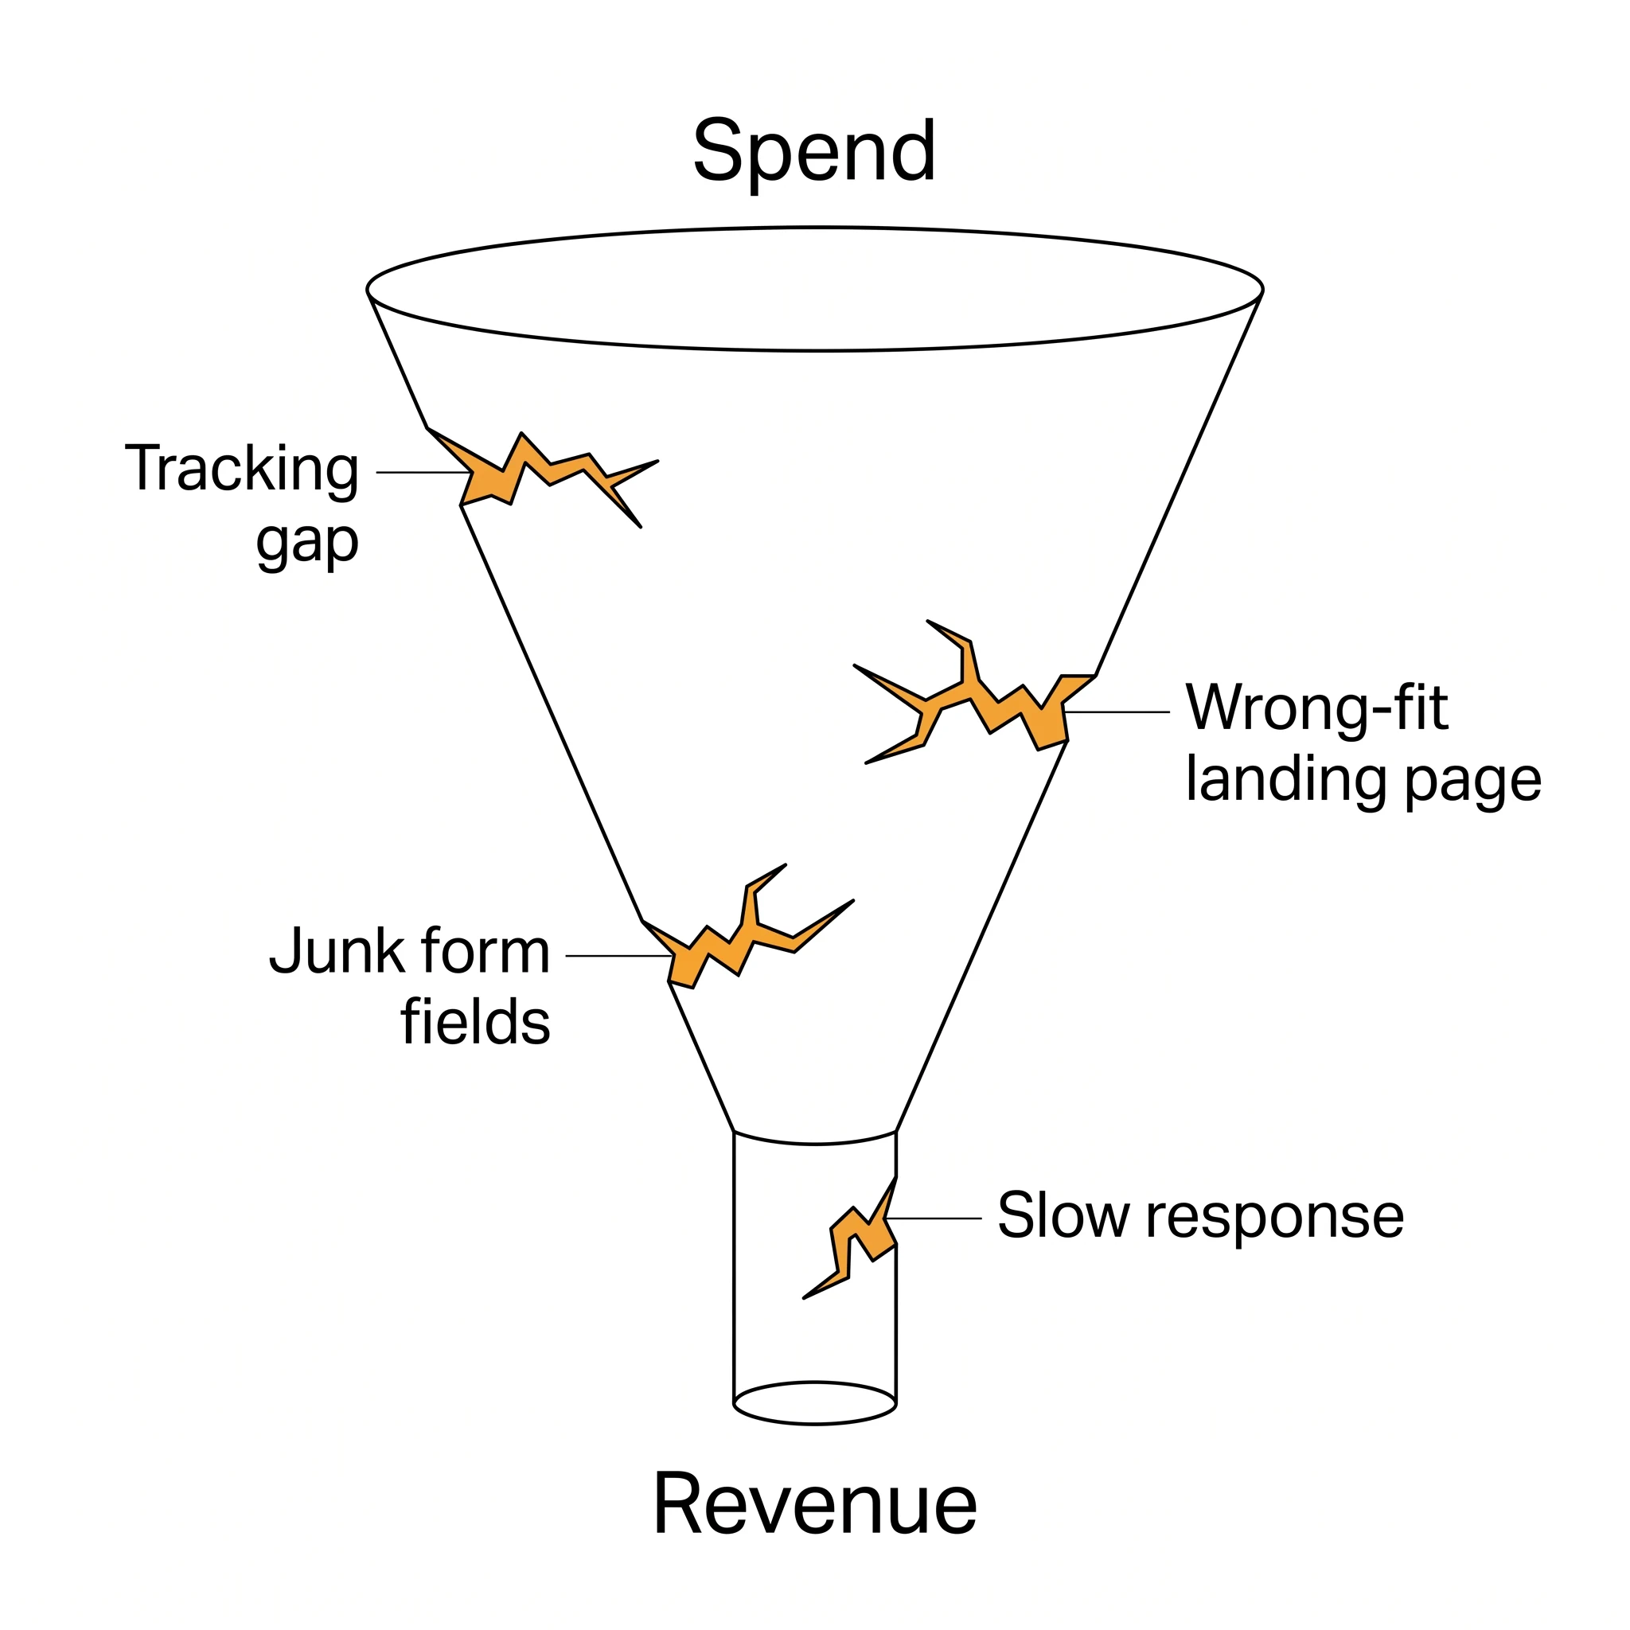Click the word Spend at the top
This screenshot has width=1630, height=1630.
[x=814, y=152]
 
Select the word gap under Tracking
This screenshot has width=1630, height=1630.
[x=308, y=543]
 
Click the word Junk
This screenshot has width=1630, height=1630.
[x=337, y=951]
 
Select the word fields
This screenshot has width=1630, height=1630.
[x=476, y=1021]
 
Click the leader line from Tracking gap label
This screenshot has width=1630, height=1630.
[x=423, y=473]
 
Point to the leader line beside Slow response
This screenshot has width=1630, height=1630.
[x=934, y=1219]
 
